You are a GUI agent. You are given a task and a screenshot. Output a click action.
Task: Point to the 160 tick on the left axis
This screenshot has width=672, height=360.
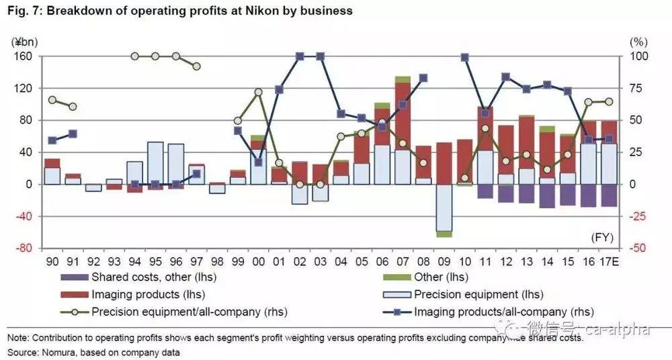(x=24, y=56)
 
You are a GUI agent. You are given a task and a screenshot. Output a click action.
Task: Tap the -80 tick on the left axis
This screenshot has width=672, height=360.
(x=24, y=248)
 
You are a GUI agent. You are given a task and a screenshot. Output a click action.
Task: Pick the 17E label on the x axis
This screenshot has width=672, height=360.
(x=610, y=259)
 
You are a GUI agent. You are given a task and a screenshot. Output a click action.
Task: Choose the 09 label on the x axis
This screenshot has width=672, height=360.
(x=444, y=259)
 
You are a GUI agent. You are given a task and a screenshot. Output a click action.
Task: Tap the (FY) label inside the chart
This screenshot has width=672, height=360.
(x=603, y=238)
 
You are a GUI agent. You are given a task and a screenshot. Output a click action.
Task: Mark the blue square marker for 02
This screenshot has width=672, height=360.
(x=300, y=56)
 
